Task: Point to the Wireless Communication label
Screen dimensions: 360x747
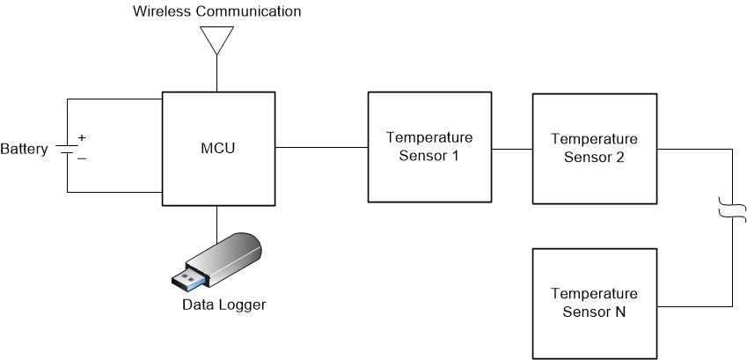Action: pos(216,11)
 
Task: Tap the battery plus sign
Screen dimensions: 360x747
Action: pos(82,137)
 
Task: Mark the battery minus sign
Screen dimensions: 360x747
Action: pos(82,158)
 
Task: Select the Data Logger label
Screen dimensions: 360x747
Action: pos(223,305)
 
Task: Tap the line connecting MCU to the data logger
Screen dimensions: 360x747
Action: pos(216,220)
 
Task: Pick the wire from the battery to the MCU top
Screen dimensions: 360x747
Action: pos(114,99)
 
